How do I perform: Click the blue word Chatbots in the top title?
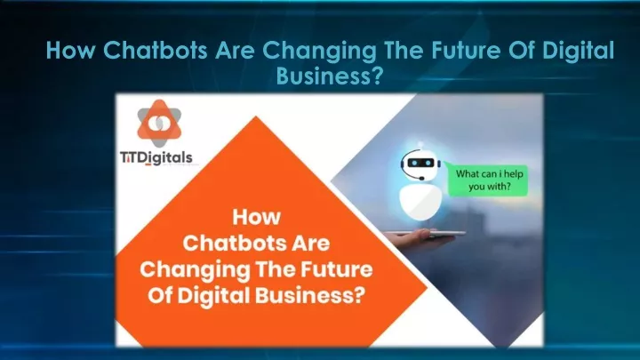pyautogui.click(x=155, y=50)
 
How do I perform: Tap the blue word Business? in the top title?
pyautogui.click(x=330, y=76)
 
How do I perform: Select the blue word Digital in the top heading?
pyautogui.click(x=578, y=51)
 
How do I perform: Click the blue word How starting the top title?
pyautogui.click(x=70, y=50)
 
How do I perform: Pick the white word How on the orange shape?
pyautogui.click(x=257, y=217)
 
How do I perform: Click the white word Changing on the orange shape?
pyautogui.click(x=195, y=270)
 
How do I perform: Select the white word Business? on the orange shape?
pyautogui.click(x=310, y=295)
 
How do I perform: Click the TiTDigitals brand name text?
pyautogui.click(x=156, y=157)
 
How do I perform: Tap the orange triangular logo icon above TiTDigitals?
pyautogui.click(x=159, y=124)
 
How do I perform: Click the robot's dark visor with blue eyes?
pyautogui.click(x=420, y=163)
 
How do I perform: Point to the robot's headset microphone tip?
pyautogui.click(x=421, y=179)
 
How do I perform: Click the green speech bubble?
pyautogui.click(x=487, y=180)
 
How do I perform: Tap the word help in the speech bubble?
pyautogui.click(x=514, y=174)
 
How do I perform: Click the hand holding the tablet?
pyautogui.click(x=412, y=237)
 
